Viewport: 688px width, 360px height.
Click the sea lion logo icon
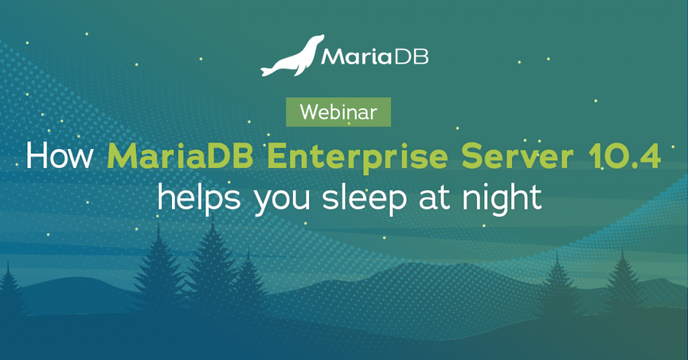click(x=292, y=57)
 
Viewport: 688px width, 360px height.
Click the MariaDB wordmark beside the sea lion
click(x=375, y=56)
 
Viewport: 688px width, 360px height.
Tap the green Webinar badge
click(x=339, y=111)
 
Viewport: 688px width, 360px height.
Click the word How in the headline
click(x=60, y=156)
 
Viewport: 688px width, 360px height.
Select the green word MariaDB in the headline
click(x=180, y=156)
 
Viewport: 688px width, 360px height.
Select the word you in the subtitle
click(x=282, y=201)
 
